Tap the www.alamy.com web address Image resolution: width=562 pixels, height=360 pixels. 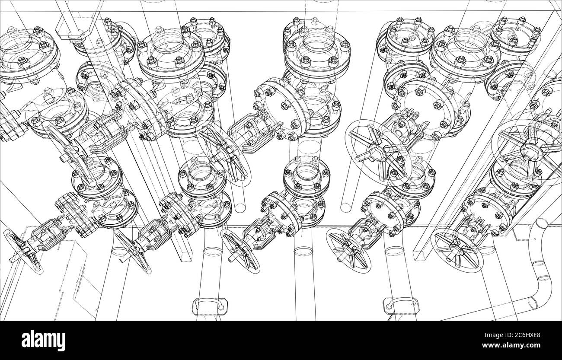pyautogui.click(x=520, y=346)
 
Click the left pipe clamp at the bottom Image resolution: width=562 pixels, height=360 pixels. pyautogui.click(x=210, y=306)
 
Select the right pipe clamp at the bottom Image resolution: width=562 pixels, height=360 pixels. pyautogui.click(x=399, y=306)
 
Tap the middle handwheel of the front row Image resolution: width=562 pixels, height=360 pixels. pyautogui.click(x=240, y=251)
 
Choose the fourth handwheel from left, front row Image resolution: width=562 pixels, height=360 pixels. pyautogui.click(x=348, y=251)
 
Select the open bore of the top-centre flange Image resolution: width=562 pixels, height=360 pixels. pyautogui.click(x=317, y=42)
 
